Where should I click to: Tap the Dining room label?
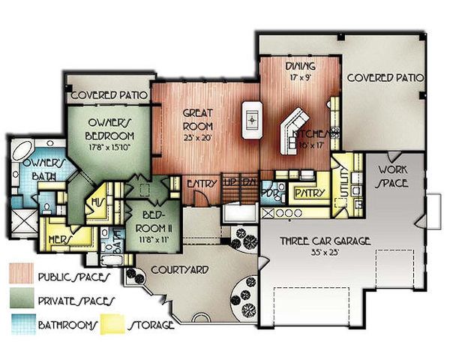295,67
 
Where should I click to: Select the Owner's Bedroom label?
110,130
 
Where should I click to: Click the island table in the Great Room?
251,118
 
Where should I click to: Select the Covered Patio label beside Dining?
385,77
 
